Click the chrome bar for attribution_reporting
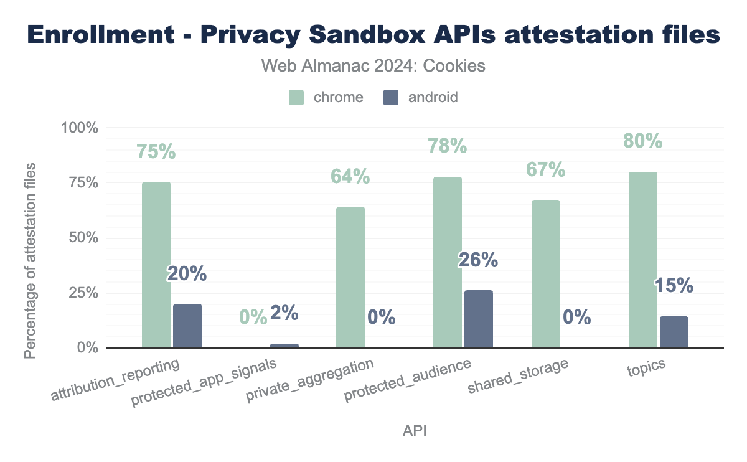156,265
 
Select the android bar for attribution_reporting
187,326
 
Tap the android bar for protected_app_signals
284,346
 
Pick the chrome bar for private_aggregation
350,277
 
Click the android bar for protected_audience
479,319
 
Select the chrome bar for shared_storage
546,274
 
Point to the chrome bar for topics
643,260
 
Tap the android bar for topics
674,332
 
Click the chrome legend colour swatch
296,97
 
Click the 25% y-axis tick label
82,293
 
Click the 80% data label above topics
643,141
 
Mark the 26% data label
478,260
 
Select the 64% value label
350,177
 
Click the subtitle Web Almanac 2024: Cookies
373,65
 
